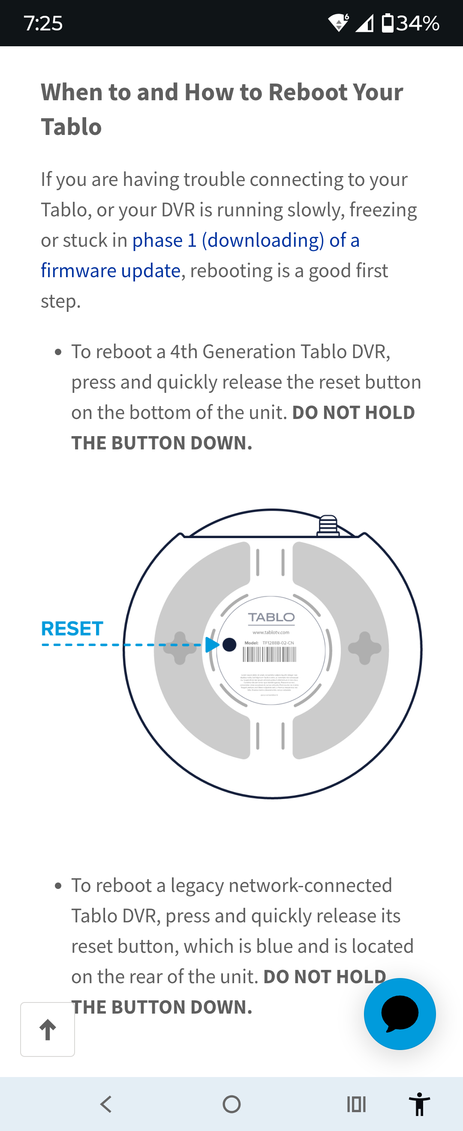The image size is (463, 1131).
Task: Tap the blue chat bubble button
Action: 399,1013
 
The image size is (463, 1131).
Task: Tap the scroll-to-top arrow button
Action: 48,1029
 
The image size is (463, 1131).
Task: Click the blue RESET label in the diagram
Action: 72,629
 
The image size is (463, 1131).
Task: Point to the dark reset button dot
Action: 229,644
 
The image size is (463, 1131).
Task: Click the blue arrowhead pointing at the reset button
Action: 212,644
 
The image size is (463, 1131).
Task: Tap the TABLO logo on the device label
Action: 271,617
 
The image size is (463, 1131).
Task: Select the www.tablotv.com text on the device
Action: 271,632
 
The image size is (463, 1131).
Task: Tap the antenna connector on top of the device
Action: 328,525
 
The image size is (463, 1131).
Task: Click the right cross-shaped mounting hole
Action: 364,648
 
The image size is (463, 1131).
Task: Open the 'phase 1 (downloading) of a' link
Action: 246,240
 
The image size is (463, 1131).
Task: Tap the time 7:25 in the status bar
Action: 43,23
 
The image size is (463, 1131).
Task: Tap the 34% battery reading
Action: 417,23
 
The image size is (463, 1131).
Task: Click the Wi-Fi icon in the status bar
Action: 338,23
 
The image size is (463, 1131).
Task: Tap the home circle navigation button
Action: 231,1104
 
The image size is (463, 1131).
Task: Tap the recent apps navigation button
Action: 356,1104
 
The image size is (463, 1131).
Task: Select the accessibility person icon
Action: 419,1104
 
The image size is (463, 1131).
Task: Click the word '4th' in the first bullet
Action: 183,352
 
